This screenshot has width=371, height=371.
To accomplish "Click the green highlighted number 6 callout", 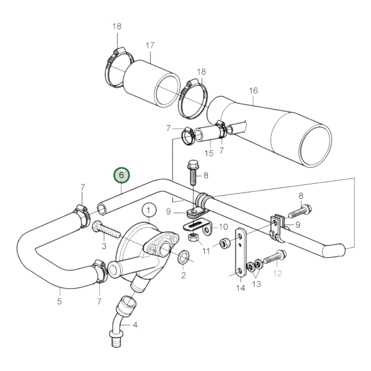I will pos(122,175).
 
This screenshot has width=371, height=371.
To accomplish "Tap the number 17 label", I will pos(150,45).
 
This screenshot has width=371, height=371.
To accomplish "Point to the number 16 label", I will pos(253,91).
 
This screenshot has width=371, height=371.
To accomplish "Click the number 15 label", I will pos(209,153).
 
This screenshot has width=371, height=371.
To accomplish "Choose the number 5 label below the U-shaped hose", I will pos(59,301).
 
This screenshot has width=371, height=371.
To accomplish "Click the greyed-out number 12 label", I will pos(278,273).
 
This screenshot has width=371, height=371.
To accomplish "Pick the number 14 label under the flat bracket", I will pos(241,288).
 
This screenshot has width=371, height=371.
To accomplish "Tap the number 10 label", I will pos(223,227).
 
